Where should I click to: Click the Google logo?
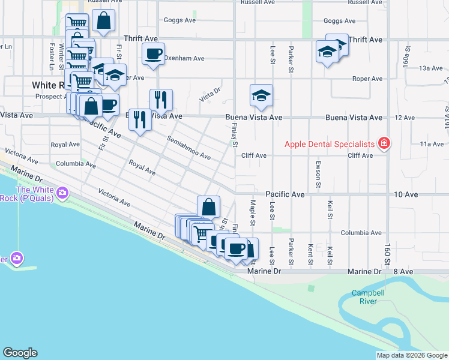(20, 353)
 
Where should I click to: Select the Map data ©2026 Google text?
(412, 355)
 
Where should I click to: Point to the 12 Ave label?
(405, 118)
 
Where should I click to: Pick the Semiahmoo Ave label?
(188, 148)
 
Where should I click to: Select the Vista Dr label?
(210, 93)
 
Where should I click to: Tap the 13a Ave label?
(431, 68)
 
